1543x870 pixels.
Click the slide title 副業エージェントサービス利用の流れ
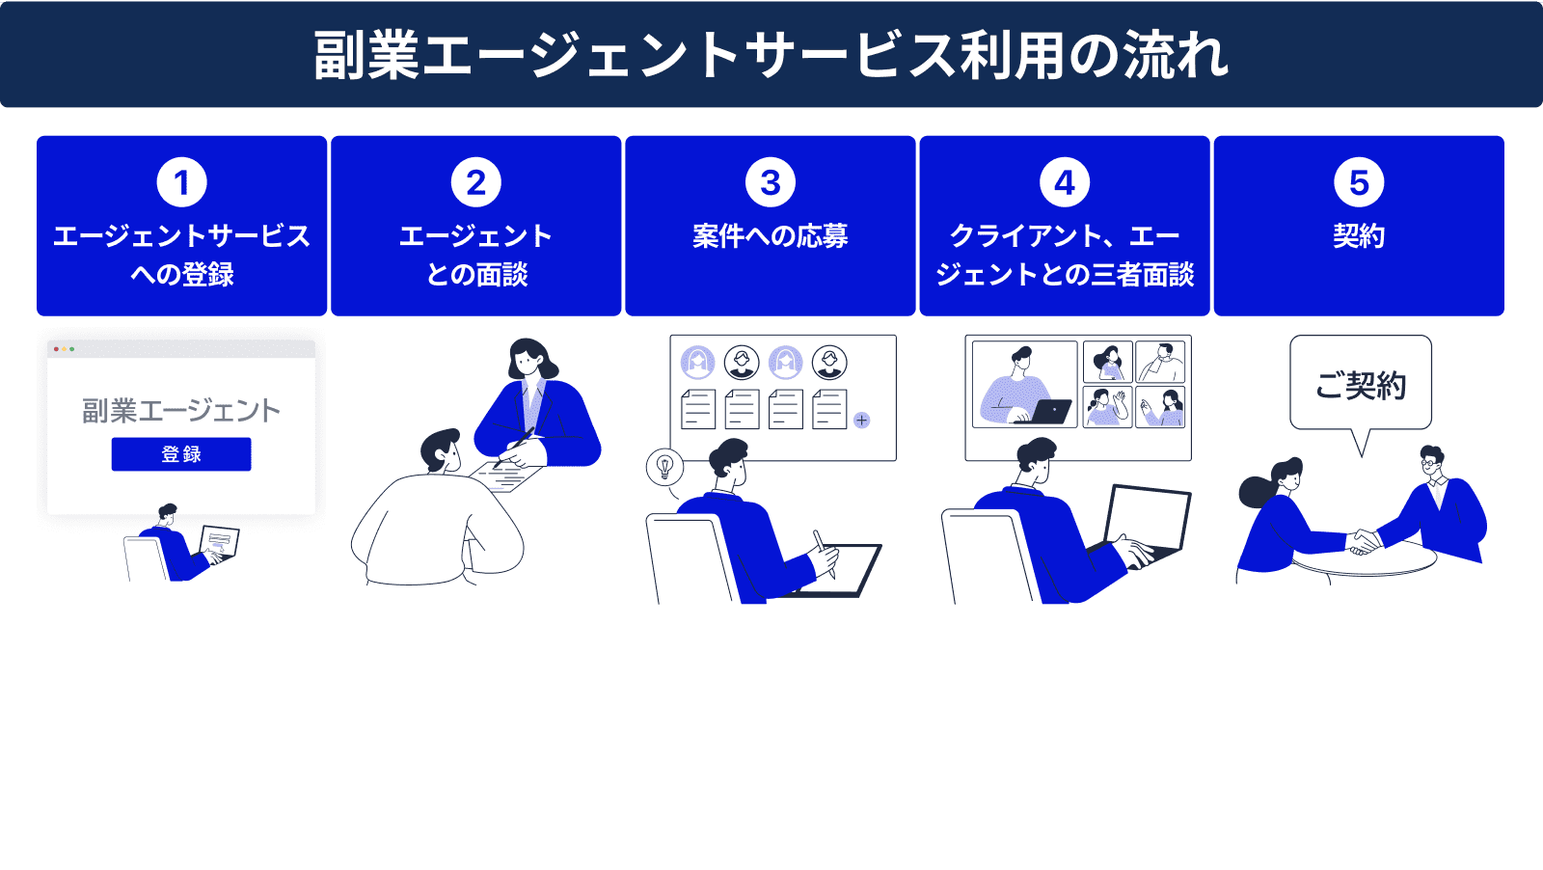[x=771, y=54]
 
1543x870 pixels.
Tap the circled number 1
[x=181, y=182]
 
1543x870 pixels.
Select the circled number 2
[x=475, y=182]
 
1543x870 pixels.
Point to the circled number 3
[x=770, y=182]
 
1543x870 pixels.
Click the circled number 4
[x=1064, y=182]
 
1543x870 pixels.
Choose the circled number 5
[x=1358, y=182]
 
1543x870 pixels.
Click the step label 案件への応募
[x=770, y=236]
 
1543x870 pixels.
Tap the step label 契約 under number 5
[x=1358, y=236]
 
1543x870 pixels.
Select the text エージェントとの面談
[x=475, y=256]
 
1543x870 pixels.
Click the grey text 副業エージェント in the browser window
[x=181, y=411]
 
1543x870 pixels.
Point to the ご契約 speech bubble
[x=1360, y=385]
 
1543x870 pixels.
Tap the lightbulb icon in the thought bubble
[x=664, y=467]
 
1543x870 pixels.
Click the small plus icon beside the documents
[x=861, y=421]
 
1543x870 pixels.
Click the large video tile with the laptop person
[x=1024, y=384]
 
